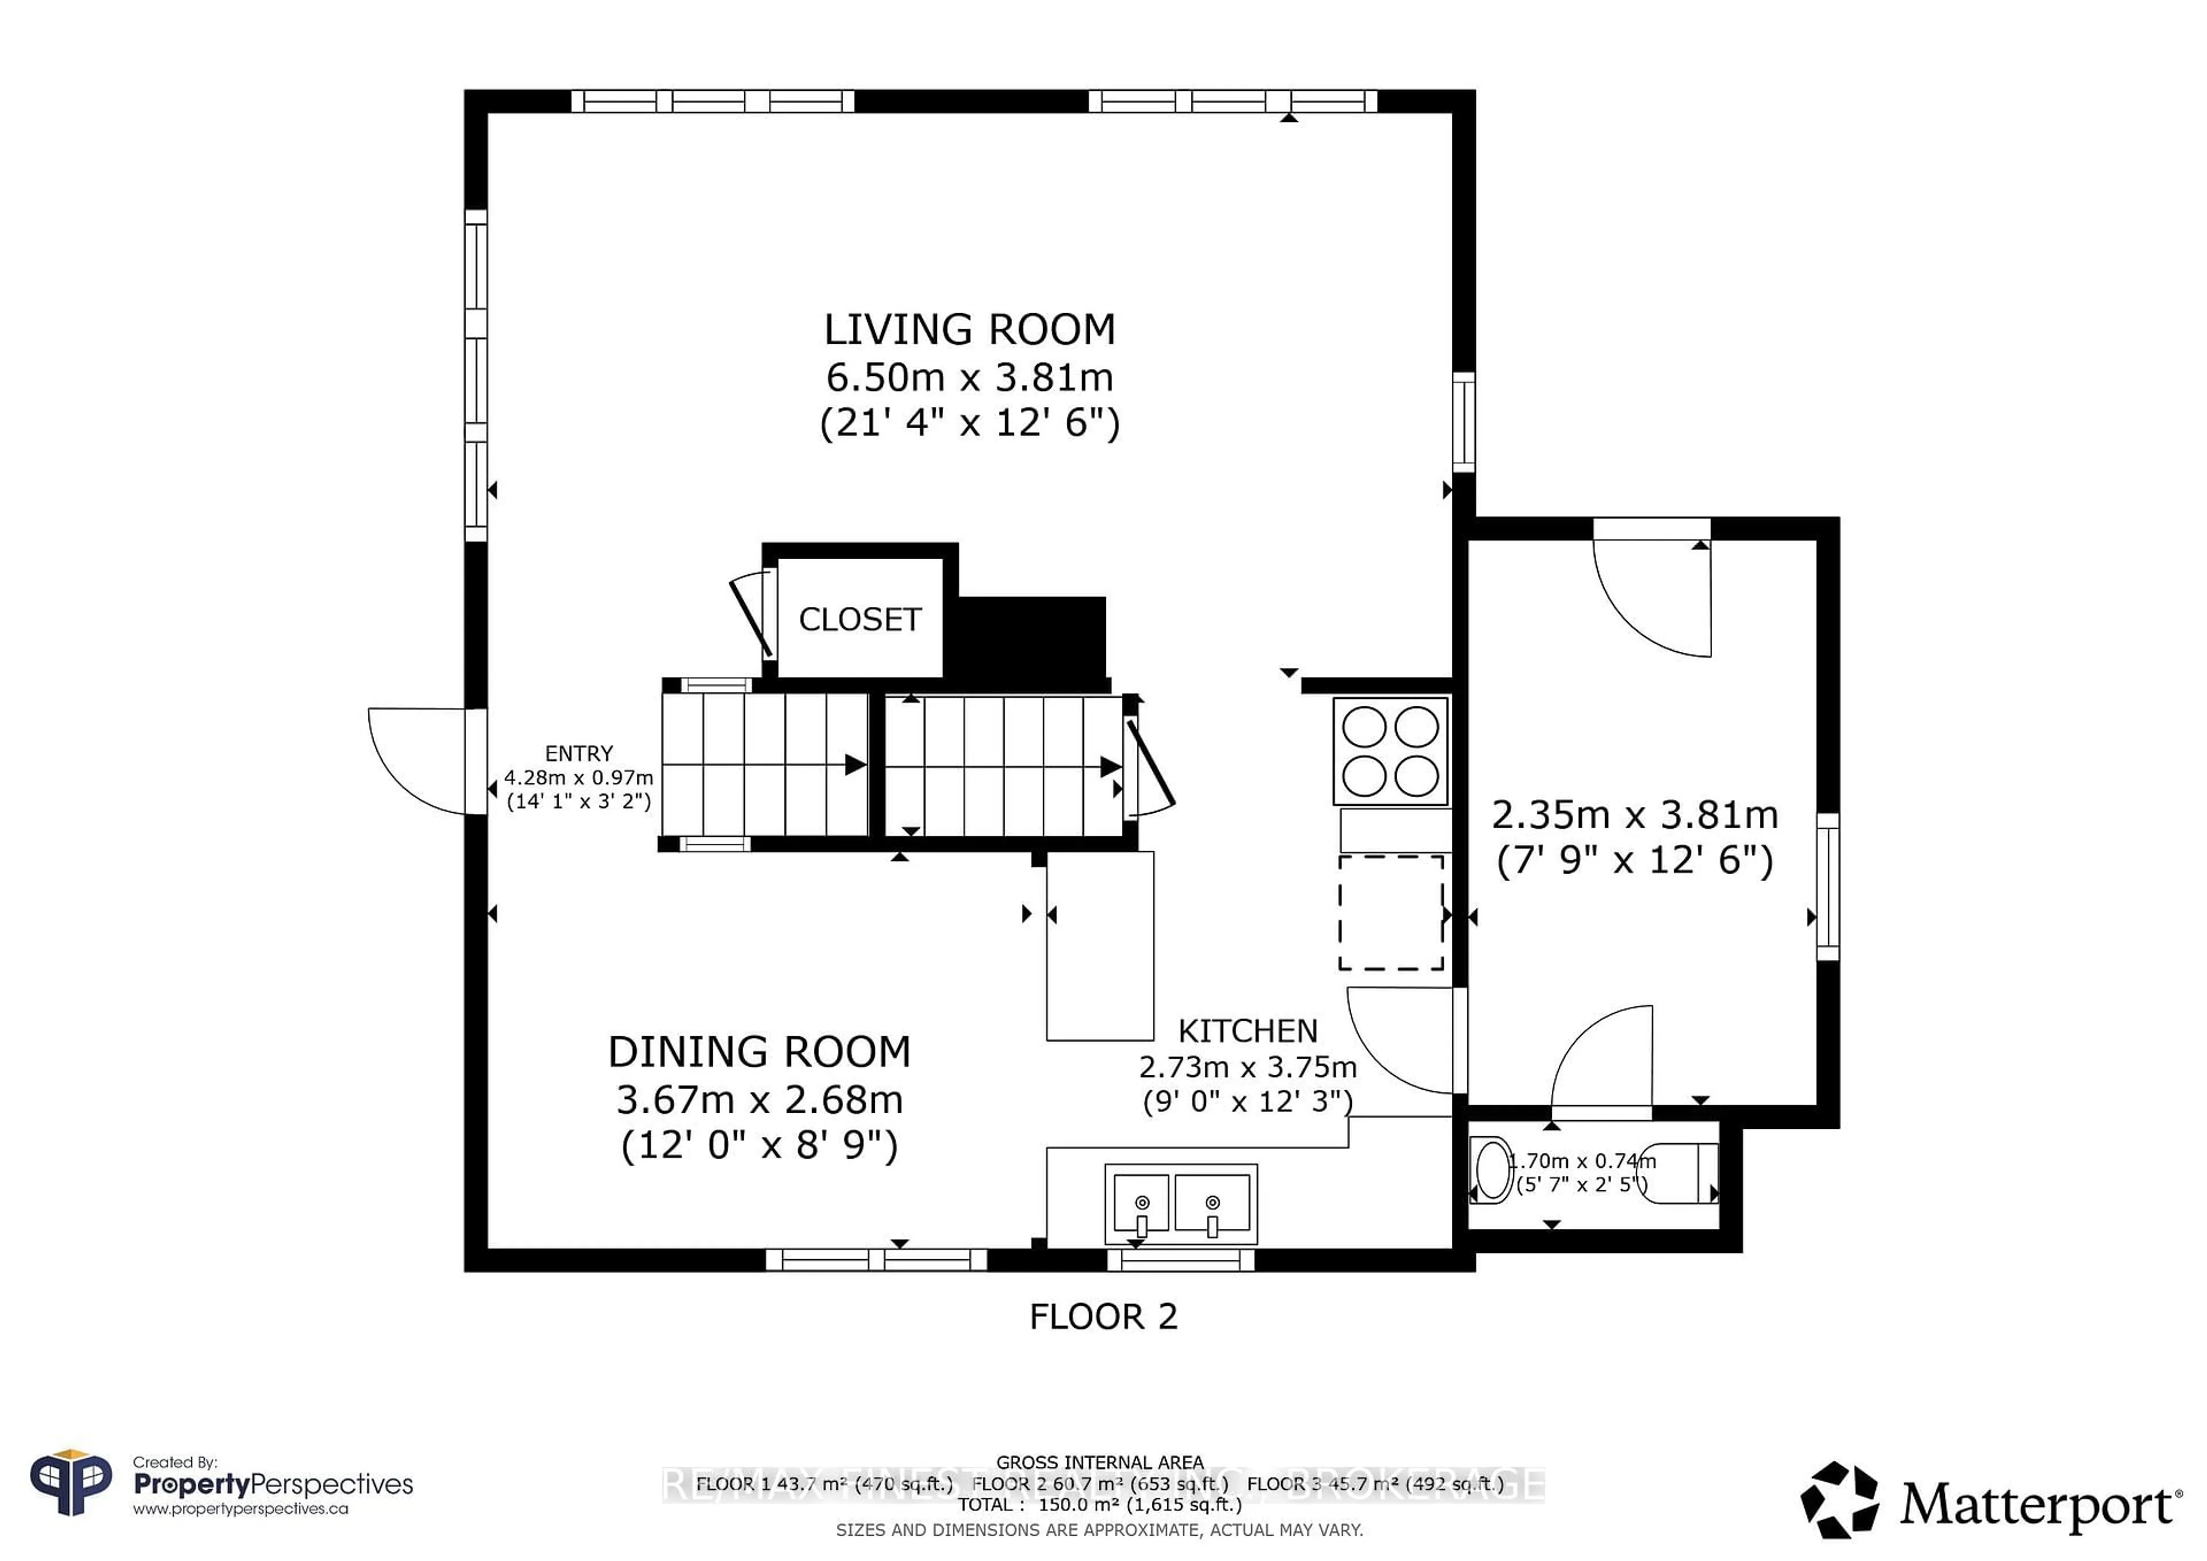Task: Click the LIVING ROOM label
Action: click(969, 330)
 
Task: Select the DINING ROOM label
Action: click(759, 1052)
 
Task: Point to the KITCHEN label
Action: click(1248, 1031)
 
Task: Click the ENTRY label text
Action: click(579, 753)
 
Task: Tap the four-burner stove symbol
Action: click(1390, 752)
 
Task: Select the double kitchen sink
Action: click(1181, 1205)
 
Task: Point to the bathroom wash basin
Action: click(1492, 1169)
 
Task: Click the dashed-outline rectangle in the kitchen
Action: click(1391, 912)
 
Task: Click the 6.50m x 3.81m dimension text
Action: click(969, 377)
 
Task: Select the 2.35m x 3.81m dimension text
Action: click(1634, 815)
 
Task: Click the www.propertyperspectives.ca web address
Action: click(240, 1509)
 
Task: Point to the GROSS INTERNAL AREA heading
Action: click(1099, 1462)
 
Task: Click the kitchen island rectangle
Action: click(1099, 946)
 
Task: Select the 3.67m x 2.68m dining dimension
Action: click(759, 1099)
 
